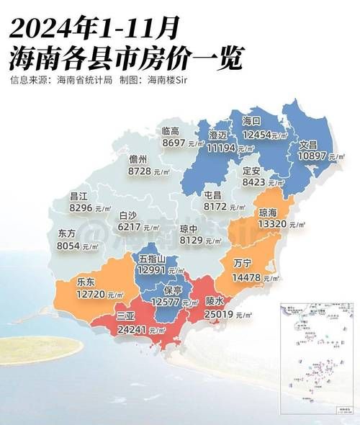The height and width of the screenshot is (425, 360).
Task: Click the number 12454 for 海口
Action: [x=258, y=134]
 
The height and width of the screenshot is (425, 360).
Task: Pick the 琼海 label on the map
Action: [x=268, y=212]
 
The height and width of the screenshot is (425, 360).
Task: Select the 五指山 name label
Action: [x=153, y=259]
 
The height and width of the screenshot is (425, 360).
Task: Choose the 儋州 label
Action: [x=138, y=159]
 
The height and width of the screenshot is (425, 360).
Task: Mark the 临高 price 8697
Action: [x=174, y=143]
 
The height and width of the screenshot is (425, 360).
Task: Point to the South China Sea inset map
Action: [x=316, y=356]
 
